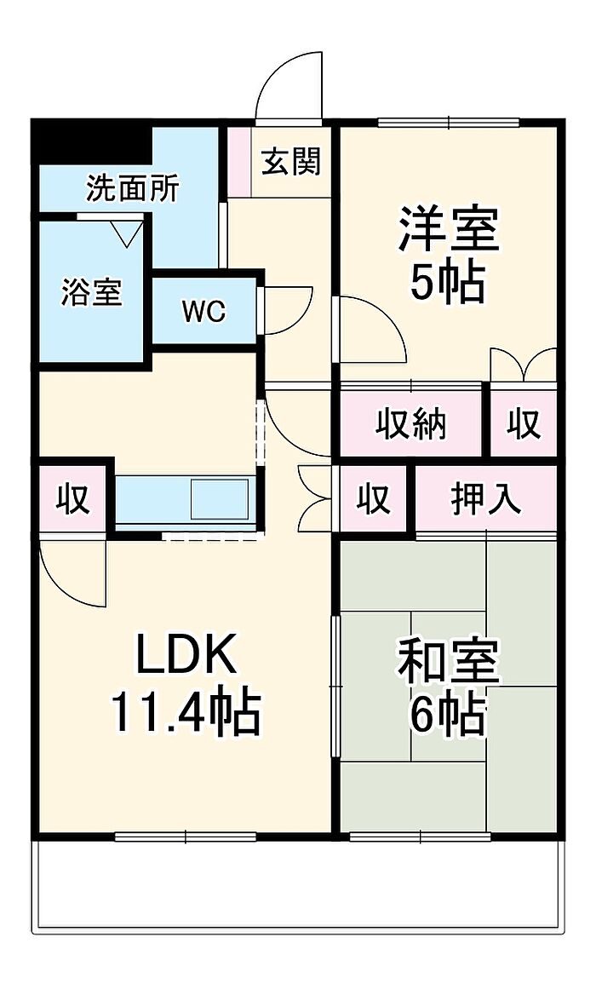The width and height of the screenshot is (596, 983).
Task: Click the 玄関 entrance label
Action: pyautogui.click(x=291, y=161)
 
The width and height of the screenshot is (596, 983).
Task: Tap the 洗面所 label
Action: pyautogui.click(x=132, y=188)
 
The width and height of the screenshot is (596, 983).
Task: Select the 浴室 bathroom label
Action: pyautogui.click(x=91, y=292)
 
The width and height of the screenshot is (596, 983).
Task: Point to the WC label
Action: pyautogui.click(x=203, y=311)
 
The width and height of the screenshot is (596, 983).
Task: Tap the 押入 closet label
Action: pyautogui.click(x=486, y=499)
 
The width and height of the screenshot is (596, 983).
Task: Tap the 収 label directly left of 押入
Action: pyautogui.click(x=373, y=499)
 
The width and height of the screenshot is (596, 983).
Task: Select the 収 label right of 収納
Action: pyautogui.click(x=524, y=423)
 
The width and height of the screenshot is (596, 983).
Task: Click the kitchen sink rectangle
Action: pyautogui.click(x=220, y=498)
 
